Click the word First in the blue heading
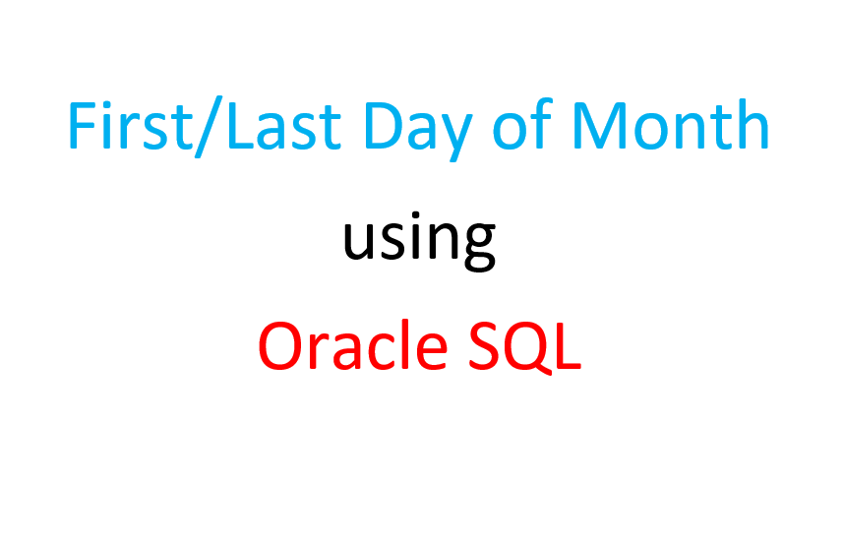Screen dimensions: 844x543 tap(130, 125)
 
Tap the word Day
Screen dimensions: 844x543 tap(418, 130)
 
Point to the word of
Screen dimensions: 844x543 tap(522, 124)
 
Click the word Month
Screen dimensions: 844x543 tap(671, 124)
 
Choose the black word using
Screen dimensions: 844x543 tap(419, 241)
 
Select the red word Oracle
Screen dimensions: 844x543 tap(353, 345)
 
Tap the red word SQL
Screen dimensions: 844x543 tap(525, 346)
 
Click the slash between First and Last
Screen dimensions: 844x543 tap(209, 127)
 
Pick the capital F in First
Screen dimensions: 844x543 tap(83, 125)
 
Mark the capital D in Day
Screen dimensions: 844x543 tap(384, 125)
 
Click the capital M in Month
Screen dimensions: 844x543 tap(598, 125)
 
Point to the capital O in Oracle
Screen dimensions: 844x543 tap(281, 345)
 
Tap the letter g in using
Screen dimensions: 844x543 tap(479, 247)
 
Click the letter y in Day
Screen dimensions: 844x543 tap(455, 139)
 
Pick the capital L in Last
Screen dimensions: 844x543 tap(241, 125)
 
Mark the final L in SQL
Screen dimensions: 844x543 tap(569, 345)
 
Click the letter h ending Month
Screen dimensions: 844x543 tap(753, 124)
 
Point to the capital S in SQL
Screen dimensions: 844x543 tap(484, 345)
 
